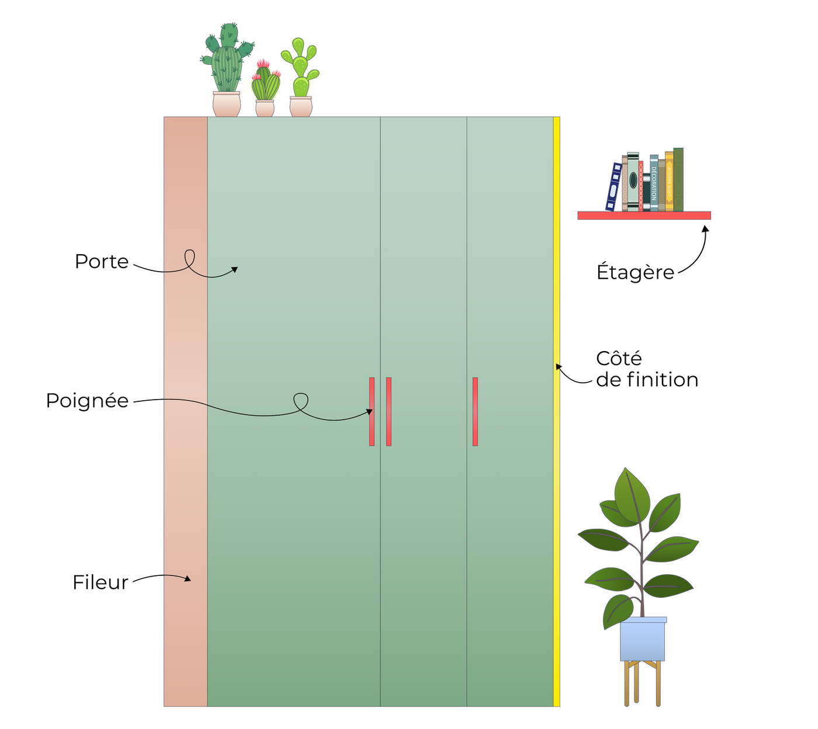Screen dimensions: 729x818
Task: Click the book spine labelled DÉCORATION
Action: point(654,182)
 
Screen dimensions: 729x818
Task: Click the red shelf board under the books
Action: point(644,216)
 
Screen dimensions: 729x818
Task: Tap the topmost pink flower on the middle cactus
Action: point(264,62)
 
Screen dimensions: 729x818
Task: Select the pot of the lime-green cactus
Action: point(301,106)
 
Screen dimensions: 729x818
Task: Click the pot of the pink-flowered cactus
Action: point(265,108)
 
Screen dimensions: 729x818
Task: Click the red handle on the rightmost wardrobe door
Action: point(475,411)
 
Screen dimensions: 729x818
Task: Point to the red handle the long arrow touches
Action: point(372,411)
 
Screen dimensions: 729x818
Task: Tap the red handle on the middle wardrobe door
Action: point(389,411)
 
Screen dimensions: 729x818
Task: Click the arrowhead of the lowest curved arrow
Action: point(188,579)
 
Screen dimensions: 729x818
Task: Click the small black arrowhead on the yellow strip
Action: point(559,367)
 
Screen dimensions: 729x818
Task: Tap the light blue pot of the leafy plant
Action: point(642,640)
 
